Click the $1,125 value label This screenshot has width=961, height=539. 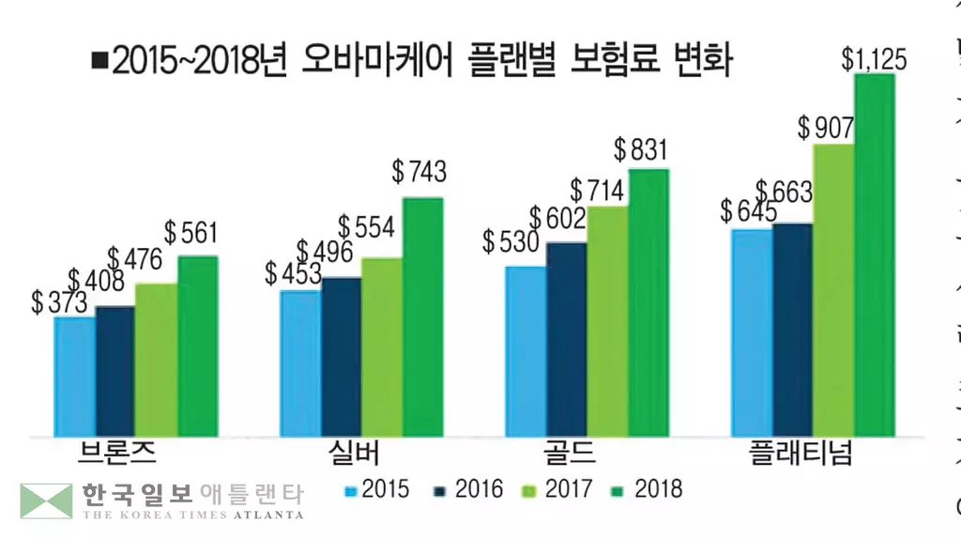click(x=873, y=61)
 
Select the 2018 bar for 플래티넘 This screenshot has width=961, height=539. click(x=874, y=254)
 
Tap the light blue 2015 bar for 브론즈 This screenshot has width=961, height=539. click(x=74, y=376)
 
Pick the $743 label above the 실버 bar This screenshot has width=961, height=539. click(x=419, y=172)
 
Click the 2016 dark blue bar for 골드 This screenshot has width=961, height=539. click(x=567, y=338)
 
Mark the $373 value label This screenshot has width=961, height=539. click(x=59, y=301)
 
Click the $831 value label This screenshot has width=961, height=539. click(x=640, y=149)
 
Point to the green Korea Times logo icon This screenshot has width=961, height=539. click(x=46, y=500)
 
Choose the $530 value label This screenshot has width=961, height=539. click(x=511, y=241)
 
